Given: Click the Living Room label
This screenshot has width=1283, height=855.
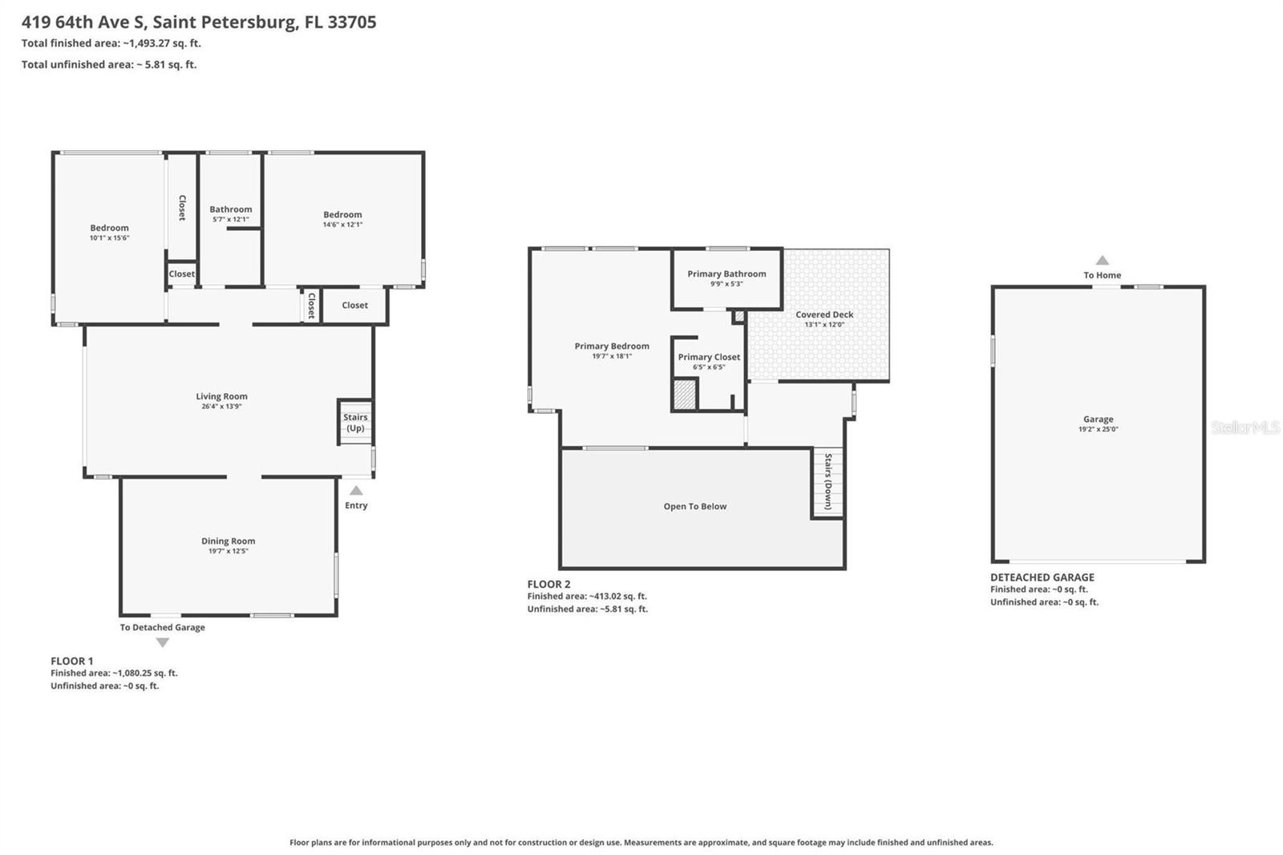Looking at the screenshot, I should click(x=221, y=396).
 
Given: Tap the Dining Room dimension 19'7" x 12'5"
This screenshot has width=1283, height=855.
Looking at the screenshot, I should click(x=228, y=551).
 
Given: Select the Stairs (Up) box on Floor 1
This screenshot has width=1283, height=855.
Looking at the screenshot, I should click(x=354, y=422).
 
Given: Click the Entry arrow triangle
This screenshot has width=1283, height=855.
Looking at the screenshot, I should click(x=356, y=491).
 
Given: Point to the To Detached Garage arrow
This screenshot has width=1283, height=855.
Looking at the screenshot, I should click(x=163, y=642).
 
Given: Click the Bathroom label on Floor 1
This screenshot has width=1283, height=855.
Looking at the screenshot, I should click(x=230, y=209).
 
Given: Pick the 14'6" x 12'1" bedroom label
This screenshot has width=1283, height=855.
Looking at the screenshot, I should click(x=342, y=225).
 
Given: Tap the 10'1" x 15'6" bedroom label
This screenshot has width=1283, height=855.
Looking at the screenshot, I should click(x=109, y=238).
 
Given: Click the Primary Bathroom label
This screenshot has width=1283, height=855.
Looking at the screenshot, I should click(x=726, y=274).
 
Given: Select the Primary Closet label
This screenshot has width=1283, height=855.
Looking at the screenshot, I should click(x=709, y=357).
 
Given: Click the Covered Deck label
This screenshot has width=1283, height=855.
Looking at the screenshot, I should click(x=824, y=314).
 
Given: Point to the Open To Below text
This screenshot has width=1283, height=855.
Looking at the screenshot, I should click(x=694, y=506).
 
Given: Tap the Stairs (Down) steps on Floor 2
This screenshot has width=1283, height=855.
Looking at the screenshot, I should click(x=828, y=481).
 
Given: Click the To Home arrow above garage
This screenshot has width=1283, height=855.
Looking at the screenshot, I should click(x=1103, y=261).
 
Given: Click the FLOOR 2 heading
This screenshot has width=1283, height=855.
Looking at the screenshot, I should click(x=548, y=584).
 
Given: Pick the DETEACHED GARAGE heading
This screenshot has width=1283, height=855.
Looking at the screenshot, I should click(x=1042, y=577).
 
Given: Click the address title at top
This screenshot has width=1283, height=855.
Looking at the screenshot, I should click(x=199, y=22).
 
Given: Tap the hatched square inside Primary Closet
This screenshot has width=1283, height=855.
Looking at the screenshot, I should click(x=684, y=395).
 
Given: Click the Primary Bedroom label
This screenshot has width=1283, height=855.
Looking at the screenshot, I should click(x=612, y=346).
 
